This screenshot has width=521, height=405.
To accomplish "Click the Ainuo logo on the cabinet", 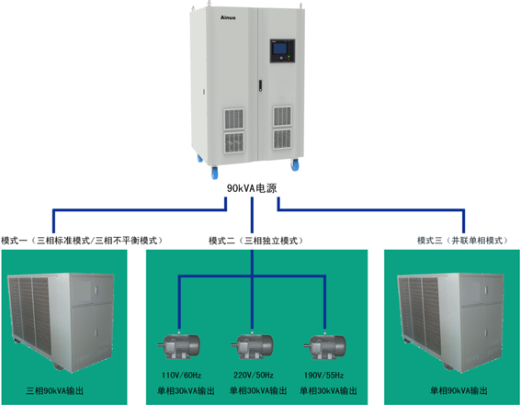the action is [x=228, y=17].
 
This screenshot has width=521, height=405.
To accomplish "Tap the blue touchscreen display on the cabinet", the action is [x=279, y=49].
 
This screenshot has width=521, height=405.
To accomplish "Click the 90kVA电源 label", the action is [x=252, y=188].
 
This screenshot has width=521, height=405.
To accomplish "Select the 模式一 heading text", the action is [x=82, y=241].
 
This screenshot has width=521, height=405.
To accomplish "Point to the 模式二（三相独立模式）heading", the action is [x=256, y=241].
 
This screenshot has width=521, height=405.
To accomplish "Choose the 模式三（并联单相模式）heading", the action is [x=463, y=241].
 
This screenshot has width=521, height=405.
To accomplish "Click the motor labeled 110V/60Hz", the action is [x=179, y=346].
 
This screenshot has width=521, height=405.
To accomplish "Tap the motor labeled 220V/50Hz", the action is [x=252, y=346].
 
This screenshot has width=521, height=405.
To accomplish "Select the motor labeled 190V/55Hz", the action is [x=324, y=346].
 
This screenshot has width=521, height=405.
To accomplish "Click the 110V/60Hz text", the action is [x=181, y=376].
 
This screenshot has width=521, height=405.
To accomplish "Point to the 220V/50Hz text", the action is [x=254, y=376].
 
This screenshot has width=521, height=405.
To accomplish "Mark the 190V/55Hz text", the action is [x=324, y=376].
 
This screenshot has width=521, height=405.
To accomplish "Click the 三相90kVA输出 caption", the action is [x=55, y=390].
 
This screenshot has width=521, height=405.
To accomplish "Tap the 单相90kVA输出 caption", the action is [x=459, y=390].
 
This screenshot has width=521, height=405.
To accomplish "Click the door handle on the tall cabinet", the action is [x=261, y=85].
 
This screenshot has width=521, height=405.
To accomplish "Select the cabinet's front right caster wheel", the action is [x=295, y=164].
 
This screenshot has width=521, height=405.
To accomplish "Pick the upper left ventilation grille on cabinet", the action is [x=234, y=118].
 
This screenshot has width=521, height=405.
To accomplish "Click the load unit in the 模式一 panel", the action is [x=61, y=321].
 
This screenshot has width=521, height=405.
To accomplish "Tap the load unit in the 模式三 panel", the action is [x=451, y=321].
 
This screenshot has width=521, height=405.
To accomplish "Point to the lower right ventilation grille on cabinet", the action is [x=282, y=139].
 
